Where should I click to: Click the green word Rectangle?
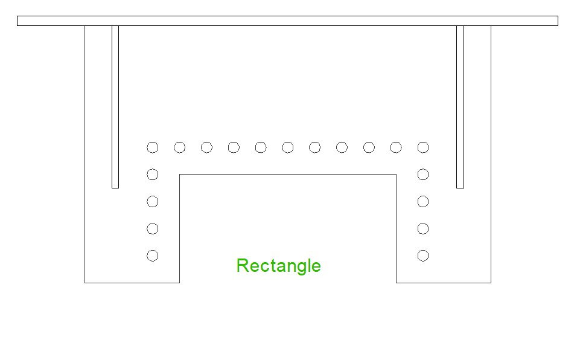(279, 266)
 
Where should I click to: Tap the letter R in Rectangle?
(242, 265)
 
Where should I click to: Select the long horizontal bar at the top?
(287, 21)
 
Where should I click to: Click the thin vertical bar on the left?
(115, 107)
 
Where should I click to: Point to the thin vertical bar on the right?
(460, 107)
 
